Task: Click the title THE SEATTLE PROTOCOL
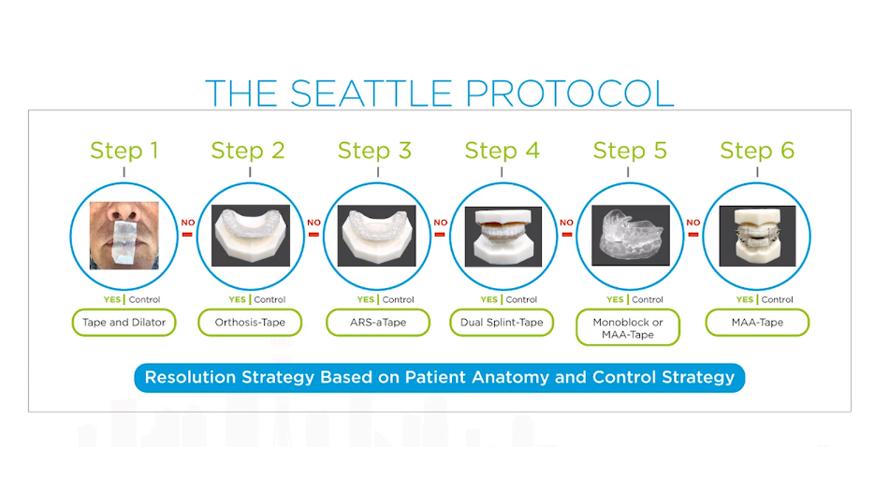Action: click(x=438, y=94)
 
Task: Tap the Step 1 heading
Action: click(x=124, y=151)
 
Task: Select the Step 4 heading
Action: click(x=502, y=151)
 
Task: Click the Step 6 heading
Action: click(x=757, y=151)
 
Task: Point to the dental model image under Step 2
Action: click(x=250, y=238)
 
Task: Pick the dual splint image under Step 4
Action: click(x=503, y=238)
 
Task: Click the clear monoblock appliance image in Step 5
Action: click(x=630, y=238)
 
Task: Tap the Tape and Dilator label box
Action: click(x=124, y=323)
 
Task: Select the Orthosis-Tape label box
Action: click(x=249, y=323)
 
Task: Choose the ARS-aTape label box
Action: click(x=377, y=323)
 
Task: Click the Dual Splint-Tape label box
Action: click(x=503, y=323)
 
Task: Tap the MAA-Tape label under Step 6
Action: click(x=757, y=323)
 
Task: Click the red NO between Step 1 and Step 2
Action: click(x=187, y=224)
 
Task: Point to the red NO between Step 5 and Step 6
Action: click(x=693, y=224)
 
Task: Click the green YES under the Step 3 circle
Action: click(x=367, y=300)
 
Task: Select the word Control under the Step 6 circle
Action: click(x=778, y=300)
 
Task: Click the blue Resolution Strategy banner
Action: click(x=438, y=378)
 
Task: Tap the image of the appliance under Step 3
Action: click(x=376, y=238)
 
